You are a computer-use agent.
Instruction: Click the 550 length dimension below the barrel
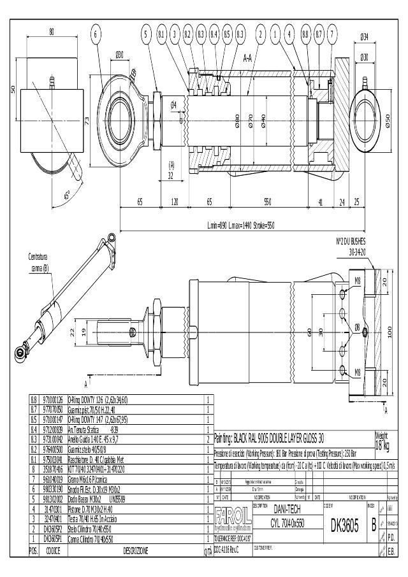[x=267, y=202]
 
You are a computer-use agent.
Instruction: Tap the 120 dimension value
[x=174, y=202]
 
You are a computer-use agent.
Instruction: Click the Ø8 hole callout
[x=358, y=327]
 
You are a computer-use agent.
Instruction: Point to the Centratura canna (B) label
[x=38, y=262]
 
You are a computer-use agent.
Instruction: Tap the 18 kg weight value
[x=382, y=443]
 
